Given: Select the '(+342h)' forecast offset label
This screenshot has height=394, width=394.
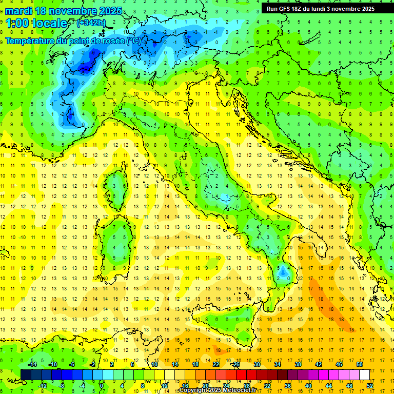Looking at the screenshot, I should (x=92, y=23).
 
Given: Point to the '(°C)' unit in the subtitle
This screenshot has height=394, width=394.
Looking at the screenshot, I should (x=133, y=40).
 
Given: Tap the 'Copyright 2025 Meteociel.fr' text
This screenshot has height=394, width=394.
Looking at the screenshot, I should (x=218, y=390).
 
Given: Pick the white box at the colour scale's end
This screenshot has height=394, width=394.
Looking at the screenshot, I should (x=364, y=375).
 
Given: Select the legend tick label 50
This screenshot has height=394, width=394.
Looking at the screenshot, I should (x=359, y=364).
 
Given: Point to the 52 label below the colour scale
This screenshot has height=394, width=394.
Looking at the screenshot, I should (x=370, y=386).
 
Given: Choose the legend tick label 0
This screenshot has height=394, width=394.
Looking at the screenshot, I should (x=102, y=386).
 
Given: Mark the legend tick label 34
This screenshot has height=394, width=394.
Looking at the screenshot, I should (x=278, y=364).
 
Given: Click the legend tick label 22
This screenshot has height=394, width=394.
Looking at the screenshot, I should (x=216, y=364).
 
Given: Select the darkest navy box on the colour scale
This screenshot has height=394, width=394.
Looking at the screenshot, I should (x=26, y=375).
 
